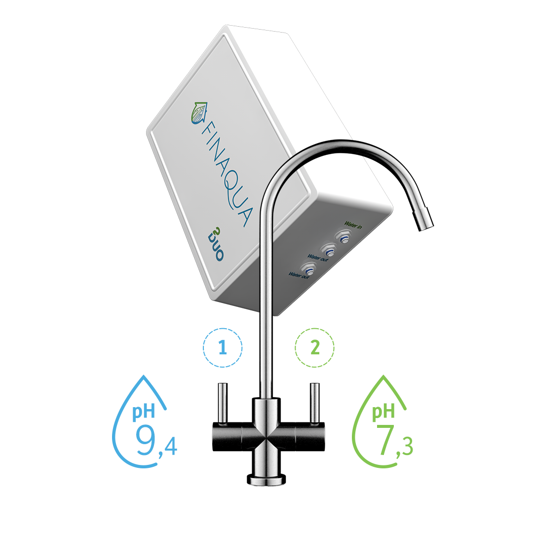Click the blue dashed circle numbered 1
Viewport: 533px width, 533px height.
point(223,348)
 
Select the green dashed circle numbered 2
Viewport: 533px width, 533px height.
point(314,348)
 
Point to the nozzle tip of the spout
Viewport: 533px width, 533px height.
point(425,221)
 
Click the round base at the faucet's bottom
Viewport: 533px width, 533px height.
point(266,478)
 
